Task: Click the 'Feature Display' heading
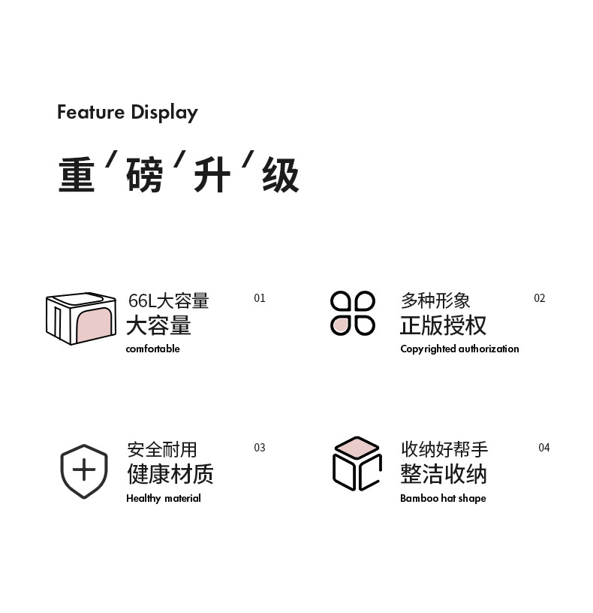[128, 113]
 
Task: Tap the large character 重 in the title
[77, 175]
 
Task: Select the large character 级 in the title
[281, 175]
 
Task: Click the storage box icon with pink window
[81, 319]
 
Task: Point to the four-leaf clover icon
[353, 313]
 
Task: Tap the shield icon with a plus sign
[84, 471]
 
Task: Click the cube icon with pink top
[357, 464]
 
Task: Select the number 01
[260, 298]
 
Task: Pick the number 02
[540, 298]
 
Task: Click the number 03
[260, 448]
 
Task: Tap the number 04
[544, 448]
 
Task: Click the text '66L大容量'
[169, 301]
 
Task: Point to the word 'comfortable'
[153, 349]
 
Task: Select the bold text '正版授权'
[443, 325]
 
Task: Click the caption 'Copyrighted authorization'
[459, 349]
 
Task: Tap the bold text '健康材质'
[170, 474]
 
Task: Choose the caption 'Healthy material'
[164, 498]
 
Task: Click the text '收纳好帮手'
[444, 449]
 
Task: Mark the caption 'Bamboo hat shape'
[443, 498]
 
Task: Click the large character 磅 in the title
[145, 175]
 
